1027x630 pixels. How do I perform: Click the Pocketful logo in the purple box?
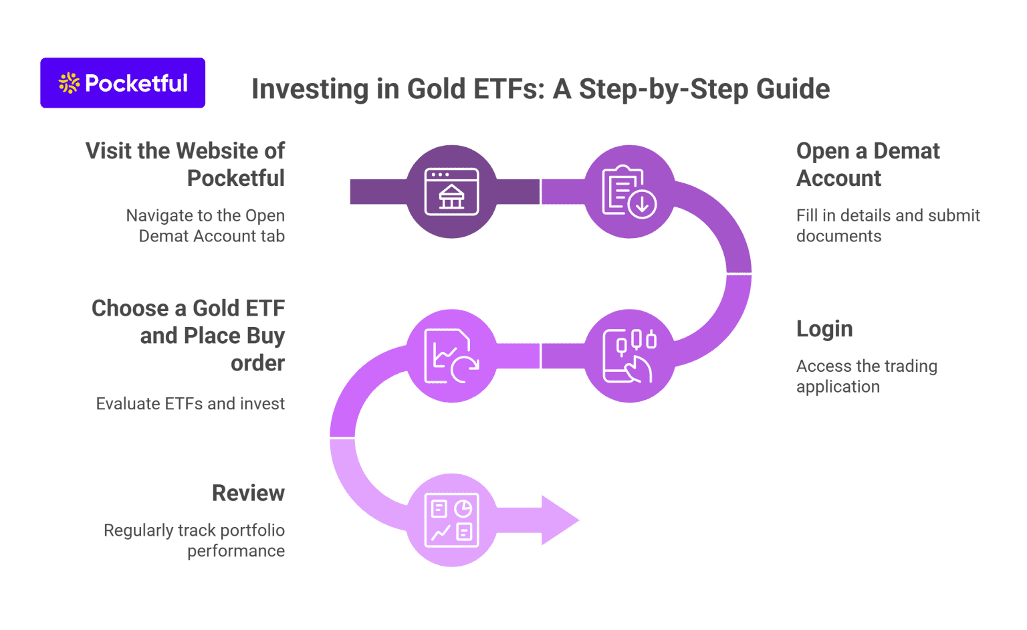(x=123, y=83)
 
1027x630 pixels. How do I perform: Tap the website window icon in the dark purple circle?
(x=452, y=192)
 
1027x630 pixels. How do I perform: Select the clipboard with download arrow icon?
(x=629, y=192)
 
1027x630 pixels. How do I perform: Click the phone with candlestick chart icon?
(x=629, y=356)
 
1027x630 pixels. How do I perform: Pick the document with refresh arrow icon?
(x=452, y=356)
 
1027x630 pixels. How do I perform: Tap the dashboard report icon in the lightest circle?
(x=452, y=520)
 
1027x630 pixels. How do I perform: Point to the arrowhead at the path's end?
(x=559, y=520)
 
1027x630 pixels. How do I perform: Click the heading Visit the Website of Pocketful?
(x=186, y=165)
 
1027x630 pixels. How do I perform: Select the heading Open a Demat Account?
(x=867, y=165)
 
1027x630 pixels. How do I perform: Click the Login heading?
(x=824, y=329)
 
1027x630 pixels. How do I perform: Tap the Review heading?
(x=248, y=493)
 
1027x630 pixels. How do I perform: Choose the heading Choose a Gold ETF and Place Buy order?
(x=189, y=335)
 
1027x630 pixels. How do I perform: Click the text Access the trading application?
(x=866, y=376)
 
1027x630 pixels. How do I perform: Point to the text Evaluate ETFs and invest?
(x=191, y=404)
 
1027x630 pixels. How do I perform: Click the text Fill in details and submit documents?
(x=887, y=225)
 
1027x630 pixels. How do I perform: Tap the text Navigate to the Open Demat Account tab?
(x=206, y=225)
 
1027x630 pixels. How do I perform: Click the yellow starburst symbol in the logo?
(x=69, y=83)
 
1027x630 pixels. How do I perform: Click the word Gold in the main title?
(x=437, y=89)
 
